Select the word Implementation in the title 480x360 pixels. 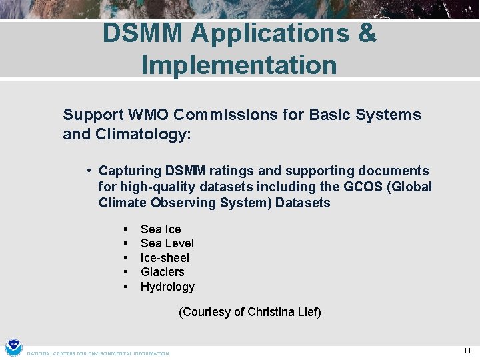[239, 65]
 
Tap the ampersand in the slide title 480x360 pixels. [367, 33]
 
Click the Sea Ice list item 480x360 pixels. [161, 229]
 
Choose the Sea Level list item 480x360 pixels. [167, 243]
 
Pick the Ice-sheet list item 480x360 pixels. [165, 258]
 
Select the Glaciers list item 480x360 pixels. [162, 272]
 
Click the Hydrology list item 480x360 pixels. [167, 287]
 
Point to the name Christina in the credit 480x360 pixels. [272, 312]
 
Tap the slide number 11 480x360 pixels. [467, 351]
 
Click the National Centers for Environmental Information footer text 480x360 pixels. [98, 353]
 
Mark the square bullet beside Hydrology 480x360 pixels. [125, 287]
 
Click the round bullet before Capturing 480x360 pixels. [89, 171]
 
